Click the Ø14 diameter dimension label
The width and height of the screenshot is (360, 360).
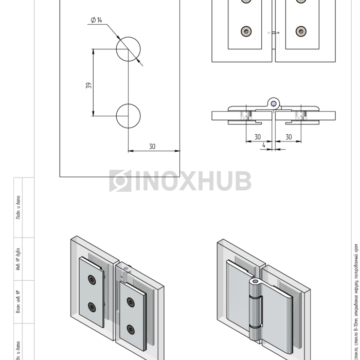(96, 20)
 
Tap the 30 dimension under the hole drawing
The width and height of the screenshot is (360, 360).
(152, 147)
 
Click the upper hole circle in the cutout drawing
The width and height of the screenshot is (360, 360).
(128, 49)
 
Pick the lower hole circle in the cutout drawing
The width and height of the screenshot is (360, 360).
(128, 116)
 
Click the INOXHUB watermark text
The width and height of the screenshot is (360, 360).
(193, 181)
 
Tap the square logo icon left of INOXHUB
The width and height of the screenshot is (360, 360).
(120, 181)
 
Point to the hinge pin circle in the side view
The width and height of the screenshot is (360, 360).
(274, 103)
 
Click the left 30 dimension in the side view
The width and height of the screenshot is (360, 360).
(257, 137)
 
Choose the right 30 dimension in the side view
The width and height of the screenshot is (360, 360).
(289, 137)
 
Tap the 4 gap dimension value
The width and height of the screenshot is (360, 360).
(264, 146)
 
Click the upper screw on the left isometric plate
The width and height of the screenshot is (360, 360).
(92, 279)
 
